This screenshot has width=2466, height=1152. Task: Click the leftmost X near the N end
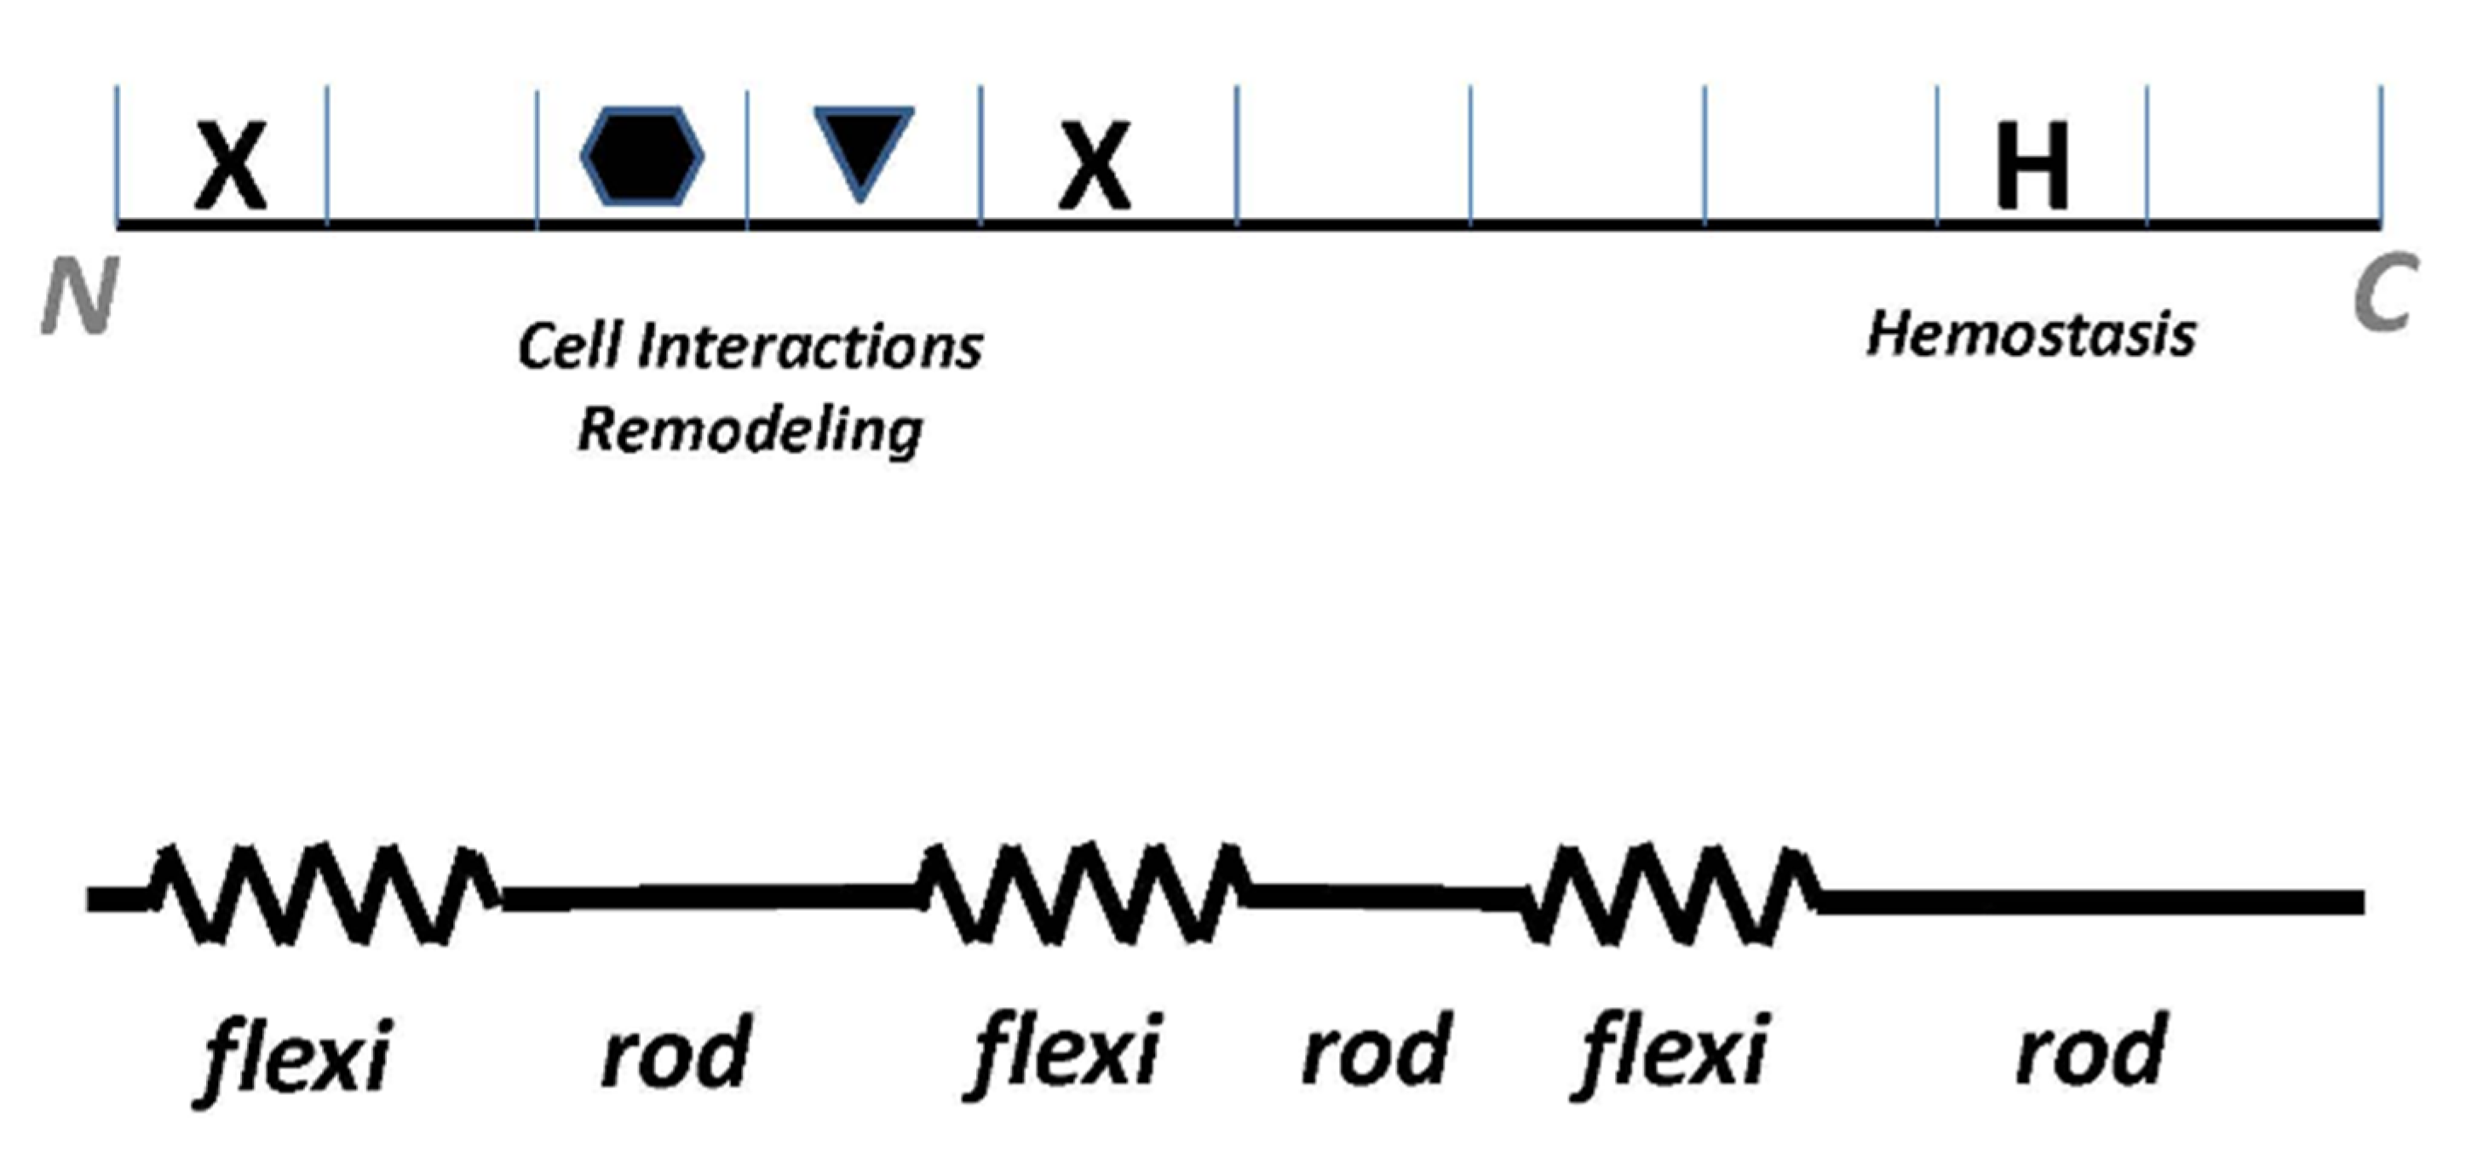point(231,165)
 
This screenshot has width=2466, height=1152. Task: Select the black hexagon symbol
point(642,156)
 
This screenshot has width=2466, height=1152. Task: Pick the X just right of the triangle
point(1095,165)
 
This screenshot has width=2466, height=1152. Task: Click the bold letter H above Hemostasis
point(2032,165)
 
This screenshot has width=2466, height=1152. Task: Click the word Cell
point(571,346)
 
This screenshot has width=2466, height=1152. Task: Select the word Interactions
point(810,346)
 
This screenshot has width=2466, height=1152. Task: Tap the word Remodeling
point(750,432)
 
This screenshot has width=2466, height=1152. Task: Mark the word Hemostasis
point(2032,335)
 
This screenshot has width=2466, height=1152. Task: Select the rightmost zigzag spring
point(1670,895)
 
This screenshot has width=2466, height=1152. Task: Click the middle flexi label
point(1066,1052)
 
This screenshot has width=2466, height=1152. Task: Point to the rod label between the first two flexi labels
point(675,1052)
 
